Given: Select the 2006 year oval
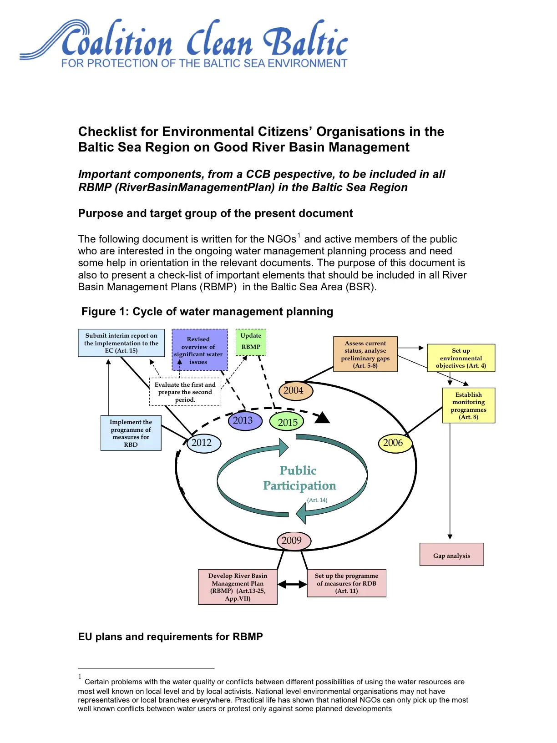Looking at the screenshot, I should [x=394, y=443].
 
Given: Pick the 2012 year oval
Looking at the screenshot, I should [x=203, y=443].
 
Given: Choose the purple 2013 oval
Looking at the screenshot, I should [x=244, y=420].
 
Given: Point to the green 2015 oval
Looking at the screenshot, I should [x=287, y=422].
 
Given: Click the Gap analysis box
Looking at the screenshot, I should [x=451, y=555].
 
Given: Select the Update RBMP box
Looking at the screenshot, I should [x=251, y=342].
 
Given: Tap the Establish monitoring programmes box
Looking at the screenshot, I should [x=468, y=405].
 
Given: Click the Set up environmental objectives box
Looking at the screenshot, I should [x=461, y=358].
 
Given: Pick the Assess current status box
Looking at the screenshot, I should [x=365, y=354].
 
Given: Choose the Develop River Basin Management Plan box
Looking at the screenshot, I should [x=238, y=587].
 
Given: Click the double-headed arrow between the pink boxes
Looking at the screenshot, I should [x=292, y=584].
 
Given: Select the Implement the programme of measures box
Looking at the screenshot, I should [x=131, y=433].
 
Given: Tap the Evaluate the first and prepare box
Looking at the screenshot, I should [x=185, y=392].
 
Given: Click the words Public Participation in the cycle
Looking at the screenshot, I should [x=299, y=478].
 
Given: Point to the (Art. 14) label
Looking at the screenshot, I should [x=317, y=500].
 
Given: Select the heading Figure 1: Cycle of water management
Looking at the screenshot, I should [x=207, y=312].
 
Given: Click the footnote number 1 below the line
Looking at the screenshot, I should [x=80, y=677].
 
